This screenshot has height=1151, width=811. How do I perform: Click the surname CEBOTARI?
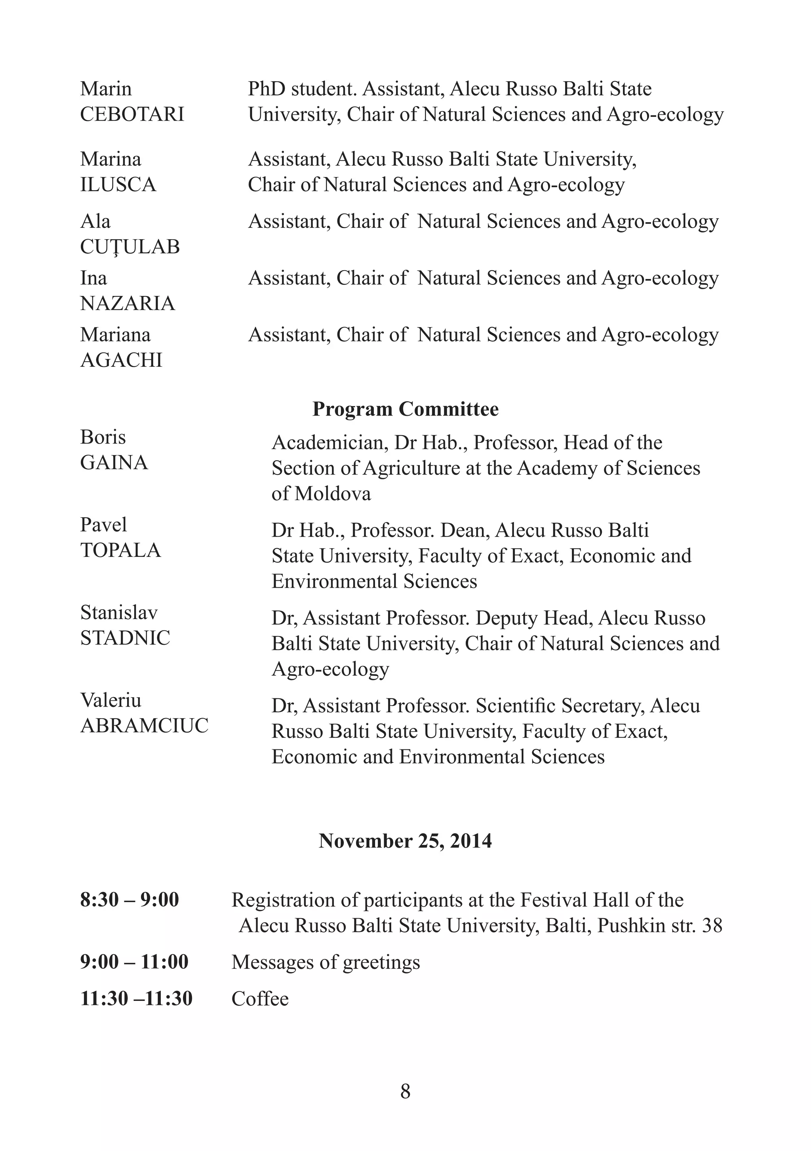click(x=132, y=115)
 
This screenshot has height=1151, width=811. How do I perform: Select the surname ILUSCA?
click(x=118, y=185)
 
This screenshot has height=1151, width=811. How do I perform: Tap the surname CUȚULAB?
click(x=130, y=247)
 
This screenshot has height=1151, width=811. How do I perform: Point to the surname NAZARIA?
click(x=128, y=304)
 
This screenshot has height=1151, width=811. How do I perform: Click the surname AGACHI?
click(x=121, y=360)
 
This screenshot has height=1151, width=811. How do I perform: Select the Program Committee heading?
click(x=405, y=410)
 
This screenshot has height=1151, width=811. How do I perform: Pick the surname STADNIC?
click(x=125, y=638)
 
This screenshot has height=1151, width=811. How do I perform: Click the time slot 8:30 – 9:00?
click(x=129, y=900)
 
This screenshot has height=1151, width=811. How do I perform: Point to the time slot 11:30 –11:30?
click(x=136, y=999)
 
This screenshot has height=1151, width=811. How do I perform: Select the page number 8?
click(x=405, y=1091)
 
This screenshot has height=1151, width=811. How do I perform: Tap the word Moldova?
click(x=332, y=494)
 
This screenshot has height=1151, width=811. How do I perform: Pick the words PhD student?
click(x=302, y=89)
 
